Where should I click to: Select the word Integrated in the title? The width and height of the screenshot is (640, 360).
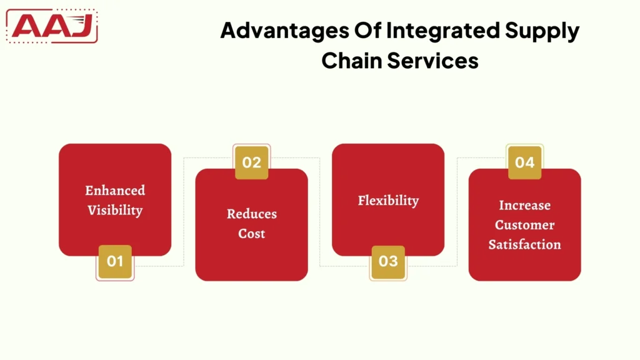point(433,31)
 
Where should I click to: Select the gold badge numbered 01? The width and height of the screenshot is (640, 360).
point(115,261)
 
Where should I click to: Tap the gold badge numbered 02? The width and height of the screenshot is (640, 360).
point(251,162)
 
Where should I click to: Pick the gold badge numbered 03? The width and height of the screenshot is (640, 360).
point(388,261)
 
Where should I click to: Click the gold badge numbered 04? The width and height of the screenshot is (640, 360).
point(524,162)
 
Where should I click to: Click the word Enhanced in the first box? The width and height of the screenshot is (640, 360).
point(115,190)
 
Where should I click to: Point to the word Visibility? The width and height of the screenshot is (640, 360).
point(115,210)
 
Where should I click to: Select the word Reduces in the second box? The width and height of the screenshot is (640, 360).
point(251,214)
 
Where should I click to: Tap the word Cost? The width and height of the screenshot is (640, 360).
point(251,234)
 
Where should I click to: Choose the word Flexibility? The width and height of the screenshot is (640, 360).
point(388,200)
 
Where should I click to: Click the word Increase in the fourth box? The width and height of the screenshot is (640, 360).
point(524,205)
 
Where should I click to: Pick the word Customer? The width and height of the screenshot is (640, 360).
point(524,224)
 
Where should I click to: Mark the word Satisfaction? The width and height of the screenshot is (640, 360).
point(524,244)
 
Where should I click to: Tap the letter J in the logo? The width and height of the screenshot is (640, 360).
point(82,26)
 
